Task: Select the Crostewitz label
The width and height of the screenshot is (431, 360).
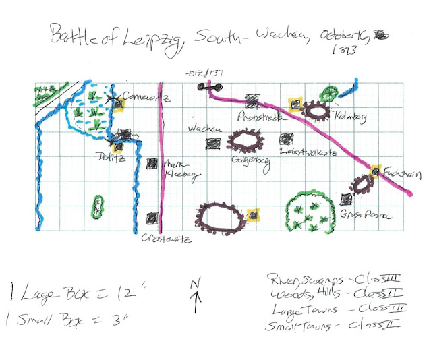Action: tap(163, 238)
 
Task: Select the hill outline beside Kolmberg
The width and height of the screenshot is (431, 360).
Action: tap(315, 109)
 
